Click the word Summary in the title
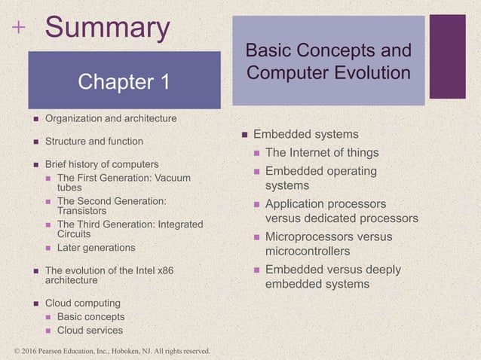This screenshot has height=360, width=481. click(107, 28)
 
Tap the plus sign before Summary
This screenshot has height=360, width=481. click(18, 28)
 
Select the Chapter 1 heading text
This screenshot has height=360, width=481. click(124, 81)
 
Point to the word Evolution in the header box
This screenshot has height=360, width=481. click(372, 73)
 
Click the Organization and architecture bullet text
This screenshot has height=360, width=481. click(111, 118)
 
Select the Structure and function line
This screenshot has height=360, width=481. click(93, 141)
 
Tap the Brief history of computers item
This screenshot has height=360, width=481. click(102, 163)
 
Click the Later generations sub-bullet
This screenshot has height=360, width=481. click(96, 247)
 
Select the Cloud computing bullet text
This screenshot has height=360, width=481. click(82, 303)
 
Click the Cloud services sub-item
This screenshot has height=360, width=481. click(90, 330)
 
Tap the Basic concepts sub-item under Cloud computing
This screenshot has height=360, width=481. click(90, 316)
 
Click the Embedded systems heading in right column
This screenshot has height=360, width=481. click(305, 134)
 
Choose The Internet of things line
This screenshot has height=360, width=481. click(322, 153)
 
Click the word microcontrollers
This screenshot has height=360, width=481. click(307, 250)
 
